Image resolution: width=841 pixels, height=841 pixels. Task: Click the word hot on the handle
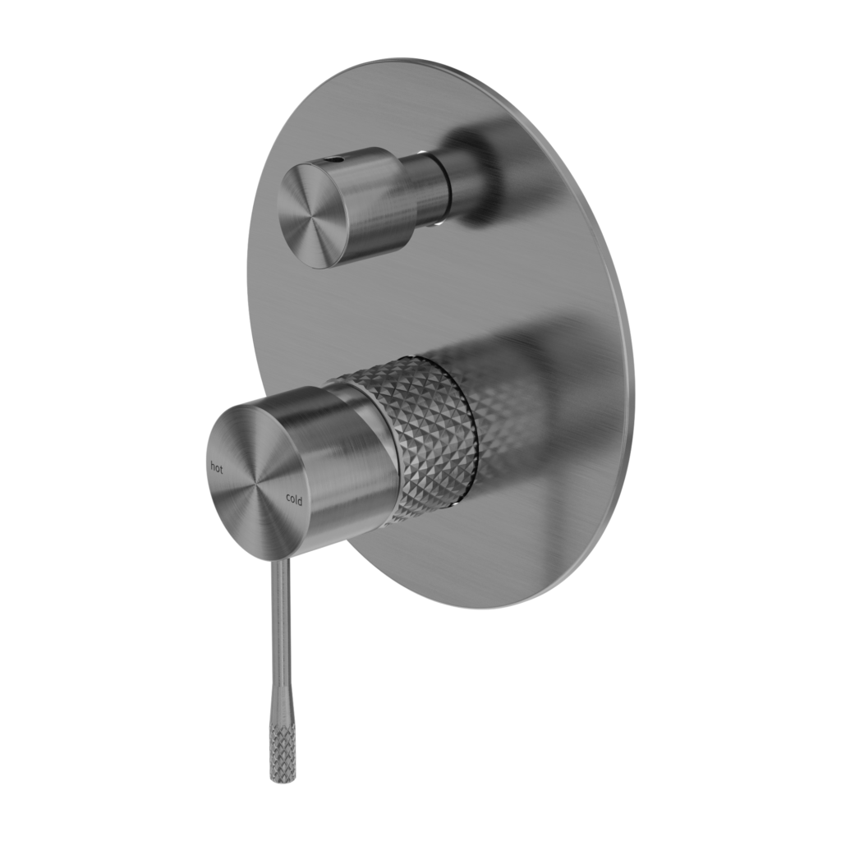[217, 468]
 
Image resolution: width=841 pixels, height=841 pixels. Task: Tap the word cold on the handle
[293, 499]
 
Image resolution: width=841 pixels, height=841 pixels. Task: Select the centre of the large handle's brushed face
[255, 484]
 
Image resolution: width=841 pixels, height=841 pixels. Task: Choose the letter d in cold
[300, 500]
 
